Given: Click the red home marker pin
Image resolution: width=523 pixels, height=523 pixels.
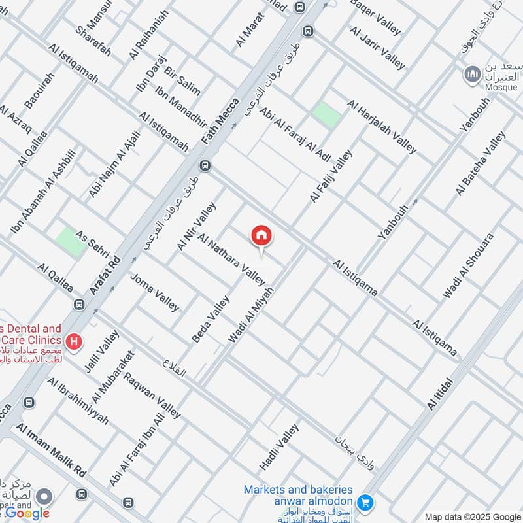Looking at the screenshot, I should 261,236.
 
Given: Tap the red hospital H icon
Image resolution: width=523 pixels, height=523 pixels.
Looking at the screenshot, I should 75,341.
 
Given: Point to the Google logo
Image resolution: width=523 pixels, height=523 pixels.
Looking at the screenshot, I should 27,513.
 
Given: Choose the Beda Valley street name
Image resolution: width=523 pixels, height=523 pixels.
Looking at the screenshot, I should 211,320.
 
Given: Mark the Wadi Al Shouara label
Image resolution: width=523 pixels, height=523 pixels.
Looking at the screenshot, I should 467,266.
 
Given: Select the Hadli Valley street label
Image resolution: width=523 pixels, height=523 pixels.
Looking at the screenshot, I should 279,447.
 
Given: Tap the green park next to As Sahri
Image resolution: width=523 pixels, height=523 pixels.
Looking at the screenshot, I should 65,239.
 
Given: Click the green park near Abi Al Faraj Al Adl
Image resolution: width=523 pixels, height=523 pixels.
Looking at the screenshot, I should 326,115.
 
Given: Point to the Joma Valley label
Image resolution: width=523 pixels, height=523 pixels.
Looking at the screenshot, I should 154,292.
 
